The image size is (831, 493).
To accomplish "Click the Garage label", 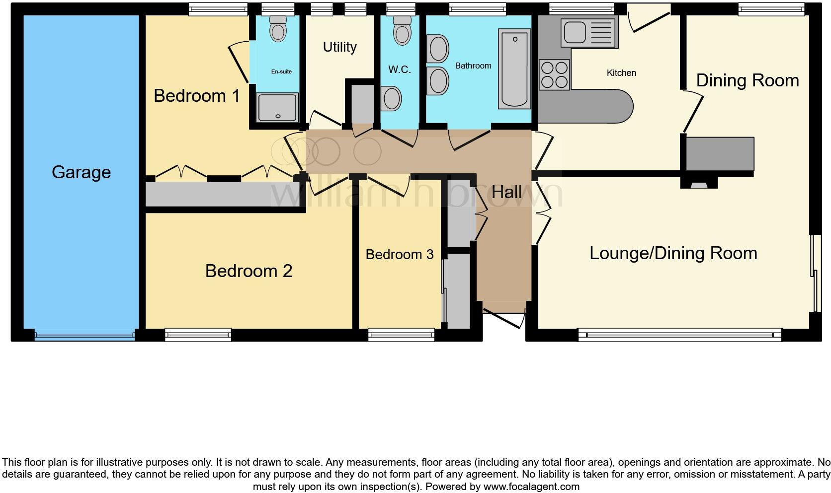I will click(x=81, y=172).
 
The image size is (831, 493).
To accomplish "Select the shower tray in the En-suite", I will click(x=278, y=107).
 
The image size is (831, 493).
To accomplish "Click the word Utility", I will click(x=339, y=47).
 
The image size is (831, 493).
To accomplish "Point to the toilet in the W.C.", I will click(x=402, y=32).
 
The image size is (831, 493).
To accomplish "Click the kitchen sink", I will click(x=588, y=32).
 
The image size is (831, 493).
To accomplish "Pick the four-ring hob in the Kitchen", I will click(x=554, y=74).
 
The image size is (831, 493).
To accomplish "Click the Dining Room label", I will click(x=747, y=80).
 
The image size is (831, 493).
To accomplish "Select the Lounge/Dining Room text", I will click(x=673, y=253).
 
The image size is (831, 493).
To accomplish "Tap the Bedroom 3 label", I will click(x=399, y=255).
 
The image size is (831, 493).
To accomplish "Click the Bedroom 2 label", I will click(x=249, y=271).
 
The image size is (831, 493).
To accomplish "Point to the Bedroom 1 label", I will click(x=197, y=96).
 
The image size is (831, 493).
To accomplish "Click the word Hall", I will click(x=506, y=193).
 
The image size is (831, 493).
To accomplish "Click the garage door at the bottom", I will click(x=84, y=336).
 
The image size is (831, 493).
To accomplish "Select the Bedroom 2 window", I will click(x=198, y=335).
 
